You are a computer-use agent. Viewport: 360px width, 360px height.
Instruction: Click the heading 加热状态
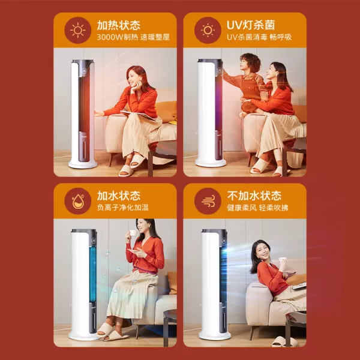pyautogui.click(x=118, y=25)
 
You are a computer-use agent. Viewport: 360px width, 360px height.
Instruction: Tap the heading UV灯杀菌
pyautogui.click(x=251, y=25)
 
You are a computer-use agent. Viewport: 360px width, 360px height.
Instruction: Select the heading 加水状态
pyautogui.click(x=118, y=196)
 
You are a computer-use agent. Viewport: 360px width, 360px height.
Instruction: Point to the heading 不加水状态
pyautogui.click(x=254, y=196)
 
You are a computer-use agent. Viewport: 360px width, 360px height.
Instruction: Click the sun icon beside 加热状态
pyautogui.click(x=78, y=30)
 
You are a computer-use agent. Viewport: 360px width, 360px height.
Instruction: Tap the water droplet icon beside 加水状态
pyautogui.click(x=78, y=202)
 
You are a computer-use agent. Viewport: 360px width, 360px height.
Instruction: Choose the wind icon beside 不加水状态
pyautogui.click(x=208, y=202)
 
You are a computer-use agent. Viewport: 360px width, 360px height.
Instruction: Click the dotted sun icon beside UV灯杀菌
pyautogui.click(x=208, y=30)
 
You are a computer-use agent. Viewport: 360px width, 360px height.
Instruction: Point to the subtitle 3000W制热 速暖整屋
pyautogui.click(x=133, y=37)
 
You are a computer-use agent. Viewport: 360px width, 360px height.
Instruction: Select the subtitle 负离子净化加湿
pyautogui.click(x=122, y=208)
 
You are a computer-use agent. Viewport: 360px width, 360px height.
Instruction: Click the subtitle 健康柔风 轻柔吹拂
pyautogui.click(x=257, y=208)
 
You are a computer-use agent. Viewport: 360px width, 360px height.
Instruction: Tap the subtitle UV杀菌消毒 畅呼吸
pyautogui.click(x=259, y=37)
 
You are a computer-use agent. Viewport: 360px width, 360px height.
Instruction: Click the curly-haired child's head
pyautogui.click(x=250, y=62)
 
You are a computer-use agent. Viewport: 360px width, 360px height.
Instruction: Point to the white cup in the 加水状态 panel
pyautogui.click(x=133, y=233)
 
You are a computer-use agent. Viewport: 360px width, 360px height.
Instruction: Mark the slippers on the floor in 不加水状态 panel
pyautogui.click(x=284, y=341)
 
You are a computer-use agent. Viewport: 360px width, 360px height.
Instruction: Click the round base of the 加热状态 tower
pyautogui.click(x=83, y=164)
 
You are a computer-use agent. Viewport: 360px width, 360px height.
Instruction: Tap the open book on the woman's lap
pyautogui.click(x=139, y=115)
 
